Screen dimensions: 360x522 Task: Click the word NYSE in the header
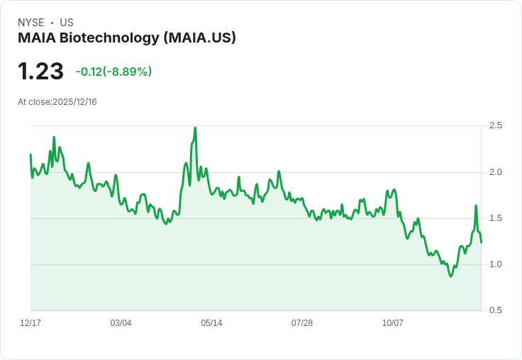click(30, 23)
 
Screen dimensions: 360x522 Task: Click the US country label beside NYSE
click(67, 23)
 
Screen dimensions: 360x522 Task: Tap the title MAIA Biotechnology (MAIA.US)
click(127, 38)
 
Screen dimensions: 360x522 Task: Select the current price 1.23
click(40, 72)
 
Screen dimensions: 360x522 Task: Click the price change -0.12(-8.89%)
click(113, 72)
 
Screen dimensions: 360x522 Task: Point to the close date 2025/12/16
click(74, 102)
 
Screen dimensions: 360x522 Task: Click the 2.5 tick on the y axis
click(496, 125)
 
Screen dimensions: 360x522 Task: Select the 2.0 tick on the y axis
click(496, 172)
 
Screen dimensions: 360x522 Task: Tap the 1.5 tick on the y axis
click(496, 218)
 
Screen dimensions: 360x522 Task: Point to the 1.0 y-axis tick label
click(496, 264)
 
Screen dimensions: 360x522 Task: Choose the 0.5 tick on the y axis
click(496, 310)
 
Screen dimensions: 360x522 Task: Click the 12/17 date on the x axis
click(30, 323)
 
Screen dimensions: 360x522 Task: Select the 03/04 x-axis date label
click(121, 323)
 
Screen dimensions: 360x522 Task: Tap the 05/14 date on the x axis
click(211, 323)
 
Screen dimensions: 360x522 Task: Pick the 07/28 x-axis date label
click(302, 323)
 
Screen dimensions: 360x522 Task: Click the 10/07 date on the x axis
click(393, 323)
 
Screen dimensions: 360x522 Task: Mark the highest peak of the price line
click(195, 128)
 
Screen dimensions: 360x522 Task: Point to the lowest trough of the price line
click(450, 276)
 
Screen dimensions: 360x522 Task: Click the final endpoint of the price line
click(481, 242)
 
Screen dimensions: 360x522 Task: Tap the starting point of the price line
click(30, 154)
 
